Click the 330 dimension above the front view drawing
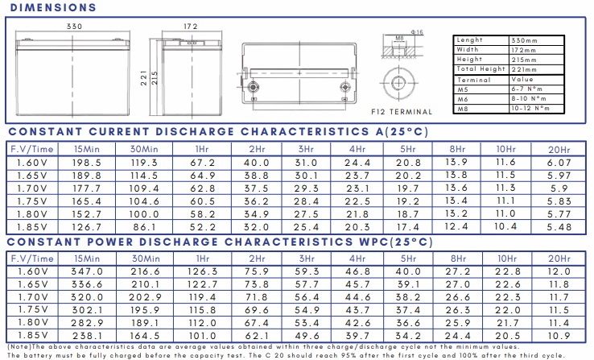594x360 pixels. coord(74,27)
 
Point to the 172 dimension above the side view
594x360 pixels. coord(191,27)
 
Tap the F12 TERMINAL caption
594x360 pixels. coord(402,112)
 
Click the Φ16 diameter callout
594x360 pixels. coord(417,32)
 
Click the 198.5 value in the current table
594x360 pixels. coord(87,163)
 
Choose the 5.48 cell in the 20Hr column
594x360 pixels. coord(559,227)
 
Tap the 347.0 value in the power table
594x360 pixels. coord(87,271)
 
